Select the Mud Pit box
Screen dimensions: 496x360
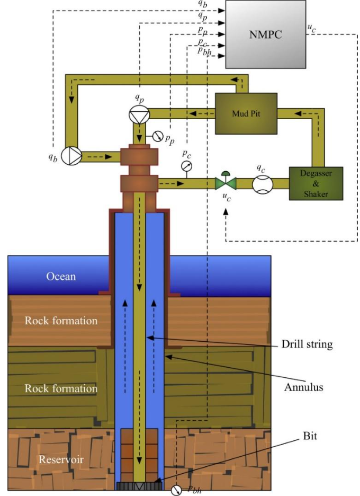coord(246,113)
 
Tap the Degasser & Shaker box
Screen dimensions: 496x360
coord(316,184)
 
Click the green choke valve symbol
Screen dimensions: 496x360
coord(226,183)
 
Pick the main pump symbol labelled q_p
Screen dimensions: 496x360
coord(139,113)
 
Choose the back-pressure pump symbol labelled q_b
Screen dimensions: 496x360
coord(71,156)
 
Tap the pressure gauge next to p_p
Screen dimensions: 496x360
coord(157,136)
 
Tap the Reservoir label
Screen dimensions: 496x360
coord(61,459)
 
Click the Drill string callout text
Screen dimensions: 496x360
coord(307,344)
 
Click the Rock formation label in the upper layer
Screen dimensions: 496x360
coord(61,321)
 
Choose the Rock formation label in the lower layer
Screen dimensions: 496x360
coord(61,388)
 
